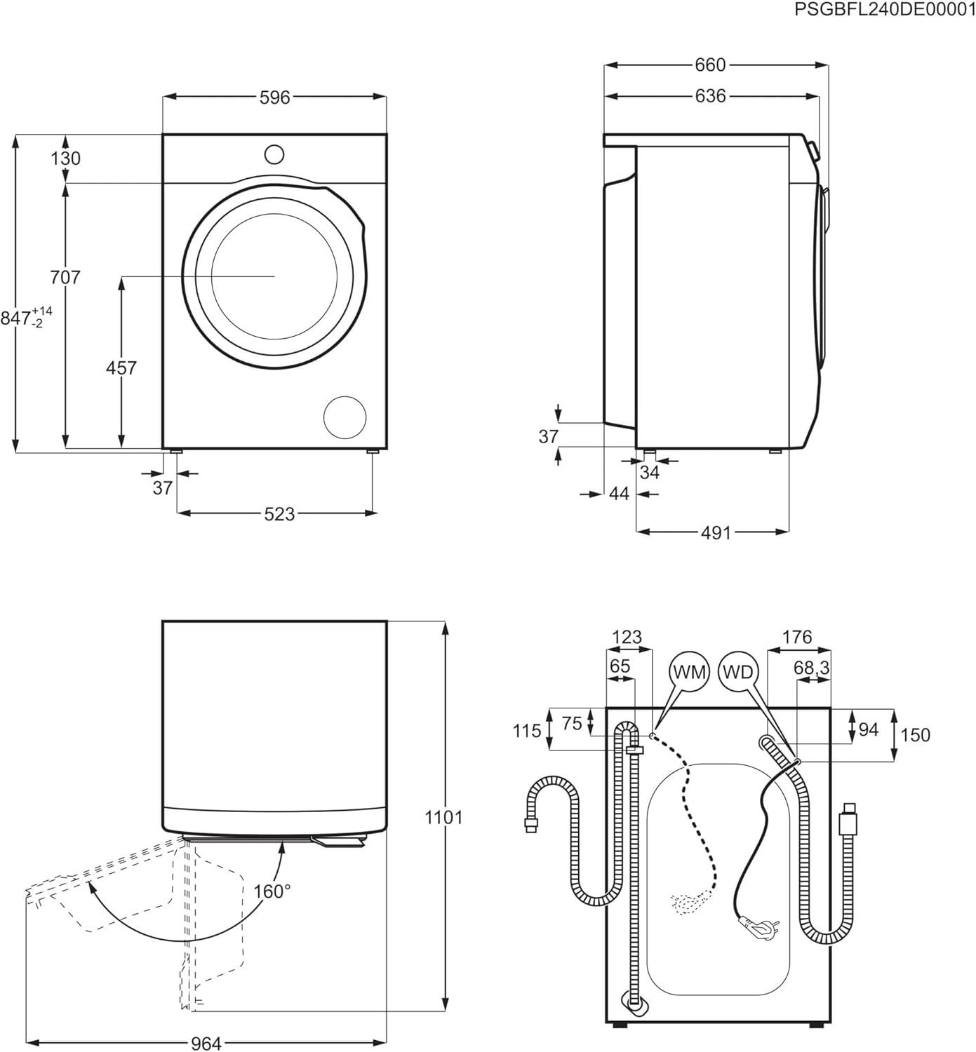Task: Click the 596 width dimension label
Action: [x=274, y=97]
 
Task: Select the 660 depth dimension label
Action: [x=710, y=65]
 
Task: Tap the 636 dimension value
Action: [x=710, y=95]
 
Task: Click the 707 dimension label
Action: [x=65, y=278]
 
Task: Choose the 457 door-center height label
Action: [x=121, y=367]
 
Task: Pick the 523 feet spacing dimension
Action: [x=279, y=514]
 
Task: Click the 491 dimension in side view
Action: [x=716, y=533]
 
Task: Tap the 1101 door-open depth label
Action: [x=443, y=817]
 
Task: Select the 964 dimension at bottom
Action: [x=206, y=1044]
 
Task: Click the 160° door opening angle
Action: [x=272, y=891]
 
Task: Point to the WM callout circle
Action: [x=689, y=672]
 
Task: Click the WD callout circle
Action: [x=737, y=672]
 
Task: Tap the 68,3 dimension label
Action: [x=811, y=668]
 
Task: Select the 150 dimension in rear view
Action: [x=915, y=734]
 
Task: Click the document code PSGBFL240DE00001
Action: [x=884, y=9]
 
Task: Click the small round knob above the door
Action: [x=274, y=154]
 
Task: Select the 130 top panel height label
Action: [x=65, y=159]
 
